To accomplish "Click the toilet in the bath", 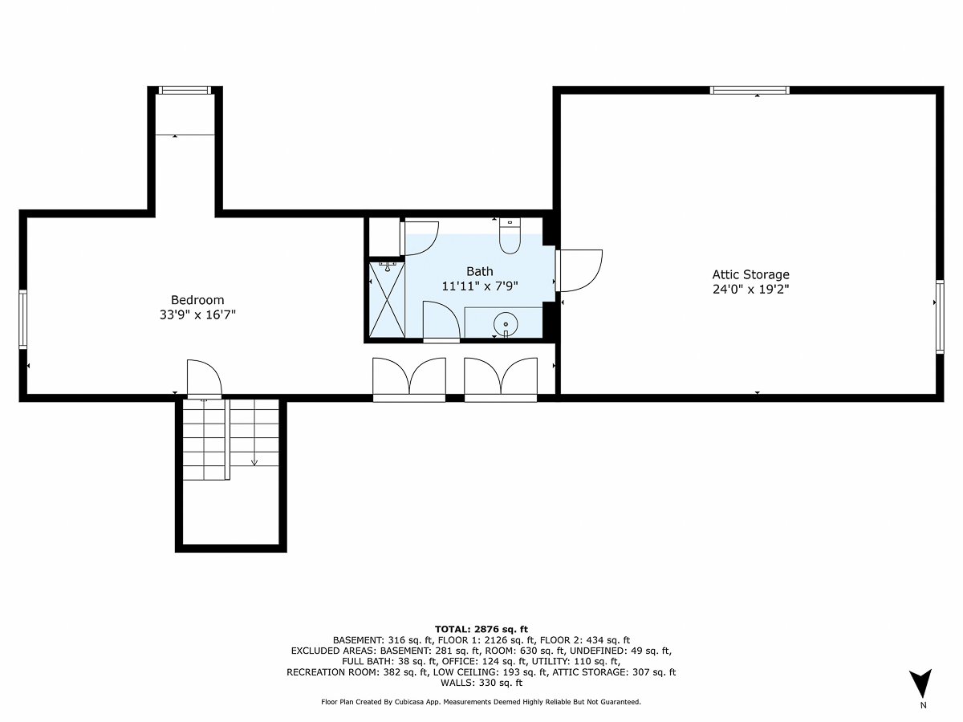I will [510, 235].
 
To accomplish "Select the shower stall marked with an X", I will [385, 298].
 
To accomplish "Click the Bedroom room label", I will [197, 300].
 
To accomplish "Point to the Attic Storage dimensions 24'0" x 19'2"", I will [750, 290].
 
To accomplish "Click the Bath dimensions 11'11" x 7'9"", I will [479, 286].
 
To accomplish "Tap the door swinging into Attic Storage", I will [579, 270].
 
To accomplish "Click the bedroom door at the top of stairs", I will [203, 379].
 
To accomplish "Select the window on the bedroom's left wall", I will [23, 319].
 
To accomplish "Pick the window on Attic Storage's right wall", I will [939, 317].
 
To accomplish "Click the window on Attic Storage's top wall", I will [750, 91].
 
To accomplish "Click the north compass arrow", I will [923, 683].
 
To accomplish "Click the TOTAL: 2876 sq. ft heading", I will [481, 629].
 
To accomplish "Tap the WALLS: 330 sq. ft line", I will [481, 683].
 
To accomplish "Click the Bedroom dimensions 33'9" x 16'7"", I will [197, 315].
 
